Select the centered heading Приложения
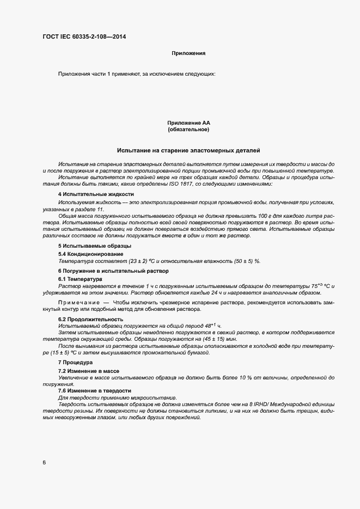tap(188, 53)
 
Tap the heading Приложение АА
tap(188, 124)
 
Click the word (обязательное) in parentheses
tap(188, 130)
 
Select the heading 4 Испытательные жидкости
tap(96, 194)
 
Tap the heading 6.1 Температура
tap(80, 279)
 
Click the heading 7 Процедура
tap(76, 362)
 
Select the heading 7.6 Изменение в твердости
tap(95, 390)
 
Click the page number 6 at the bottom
tap(44, 463)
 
